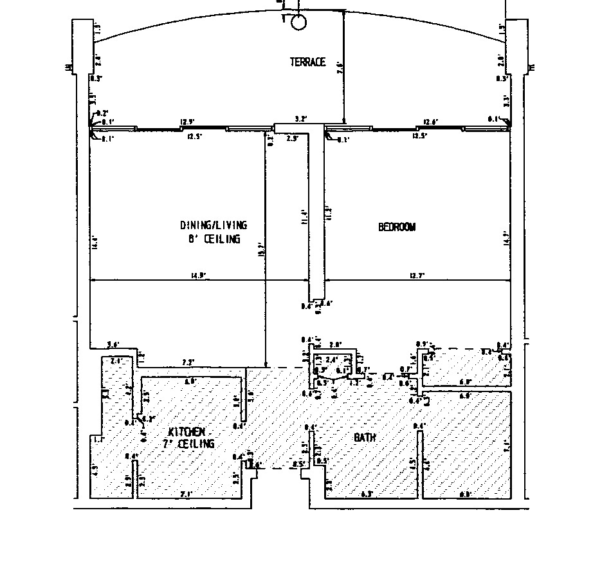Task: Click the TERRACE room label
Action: (x=307, y=62)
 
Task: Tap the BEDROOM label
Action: (x=397, y=227)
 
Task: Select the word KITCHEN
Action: (x=187, y=431)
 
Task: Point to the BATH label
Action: (x=365, y=437)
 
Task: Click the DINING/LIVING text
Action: (x=213, y=225)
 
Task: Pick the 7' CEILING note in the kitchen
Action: (x=188, y=444)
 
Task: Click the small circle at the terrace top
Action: (x=299, y=23)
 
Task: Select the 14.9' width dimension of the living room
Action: (x=198, y=276)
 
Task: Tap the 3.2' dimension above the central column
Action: (x=300, y=119)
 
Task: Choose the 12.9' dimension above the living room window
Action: (x=187, y=122)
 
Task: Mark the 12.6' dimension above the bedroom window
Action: (x=430, y=122)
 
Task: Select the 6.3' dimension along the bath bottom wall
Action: (x=368, y=494)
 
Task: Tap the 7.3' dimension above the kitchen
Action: (x=188, y=362)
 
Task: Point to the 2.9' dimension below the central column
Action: (x=292, y=138)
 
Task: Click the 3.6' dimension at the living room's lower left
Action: (x=113, y=345)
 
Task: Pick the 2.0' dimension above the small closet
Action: (x=335, y=345)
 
